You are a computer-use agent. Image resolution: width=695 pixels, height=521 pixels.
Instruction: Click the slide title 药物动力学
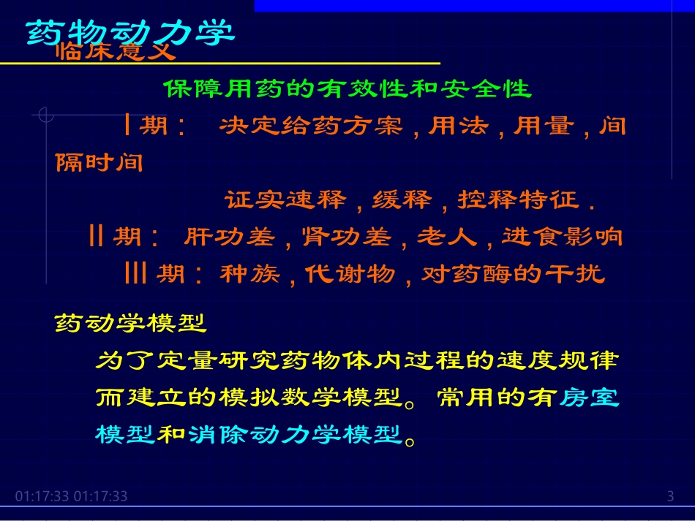point(130,32)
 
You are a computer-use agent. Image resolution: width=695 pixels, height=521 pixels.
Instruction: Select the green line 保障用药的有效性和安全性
point(347,89)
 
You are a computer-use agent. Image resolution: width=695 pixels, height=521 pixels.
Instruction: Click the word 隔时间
point(99,162)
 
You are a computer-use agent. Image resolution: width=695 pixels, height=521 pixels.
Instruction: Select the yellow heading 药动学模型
point(131,322)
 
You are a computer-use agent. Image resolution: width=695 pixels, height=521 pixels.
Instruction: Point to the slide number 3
point(670,497)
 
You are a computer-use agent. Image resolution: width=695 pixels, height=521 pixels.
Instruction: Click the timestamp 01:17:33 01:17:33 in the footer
point(71,497)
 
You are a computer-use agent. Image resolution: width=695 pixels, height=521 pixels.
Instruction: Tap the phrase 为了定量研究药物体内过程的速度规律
point(357,360)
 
